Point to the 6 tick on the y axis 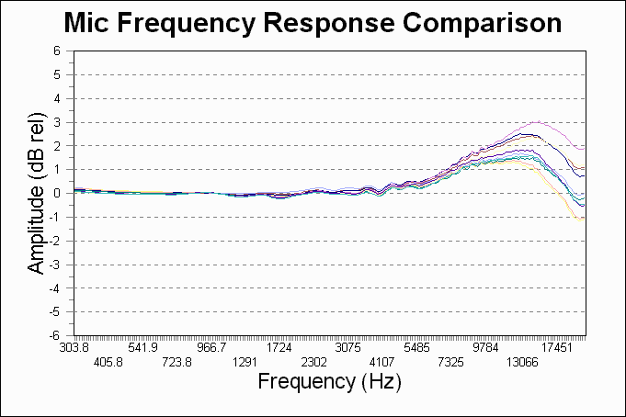57,51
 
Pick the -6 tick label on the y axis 54,336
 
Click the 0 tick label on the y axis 57,193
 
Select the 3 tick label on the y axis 57,122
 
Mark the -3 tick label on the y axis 54,265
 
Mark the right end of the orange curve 582,220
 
